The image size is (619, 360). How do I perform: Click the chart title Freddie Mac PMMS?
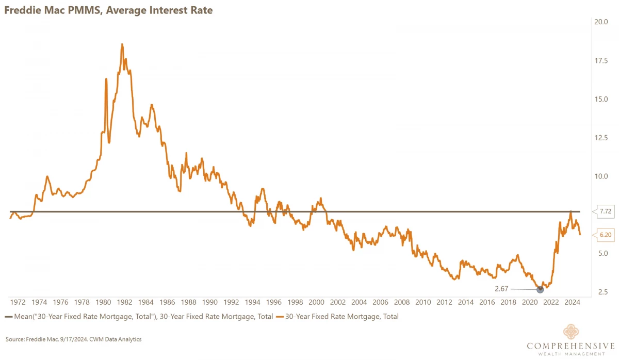point(108,10)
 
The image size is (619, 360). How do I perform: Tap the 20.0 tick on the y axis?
point(601,22)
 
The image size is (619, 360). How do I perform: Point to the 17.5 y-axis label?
point(601,60)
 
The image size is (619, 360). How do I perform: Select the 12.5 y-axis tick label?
point(601,137)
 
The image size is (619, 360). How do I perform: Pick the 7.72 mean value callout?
point(605,211)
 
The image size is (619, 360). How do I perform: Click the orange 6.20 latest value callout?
point(605,235)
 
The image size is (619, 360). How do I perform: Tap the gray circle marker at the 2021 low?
point(540,289)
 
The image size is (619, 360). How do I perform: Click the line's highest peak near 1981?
point(122,45)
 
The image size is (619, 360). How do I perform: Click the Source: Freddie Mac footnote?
point(73,339)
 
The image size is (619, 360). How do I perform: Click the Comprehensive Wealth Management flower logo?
point(570,333)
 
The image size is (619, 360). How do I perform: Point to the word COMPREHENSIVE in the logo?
point(570,346)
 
